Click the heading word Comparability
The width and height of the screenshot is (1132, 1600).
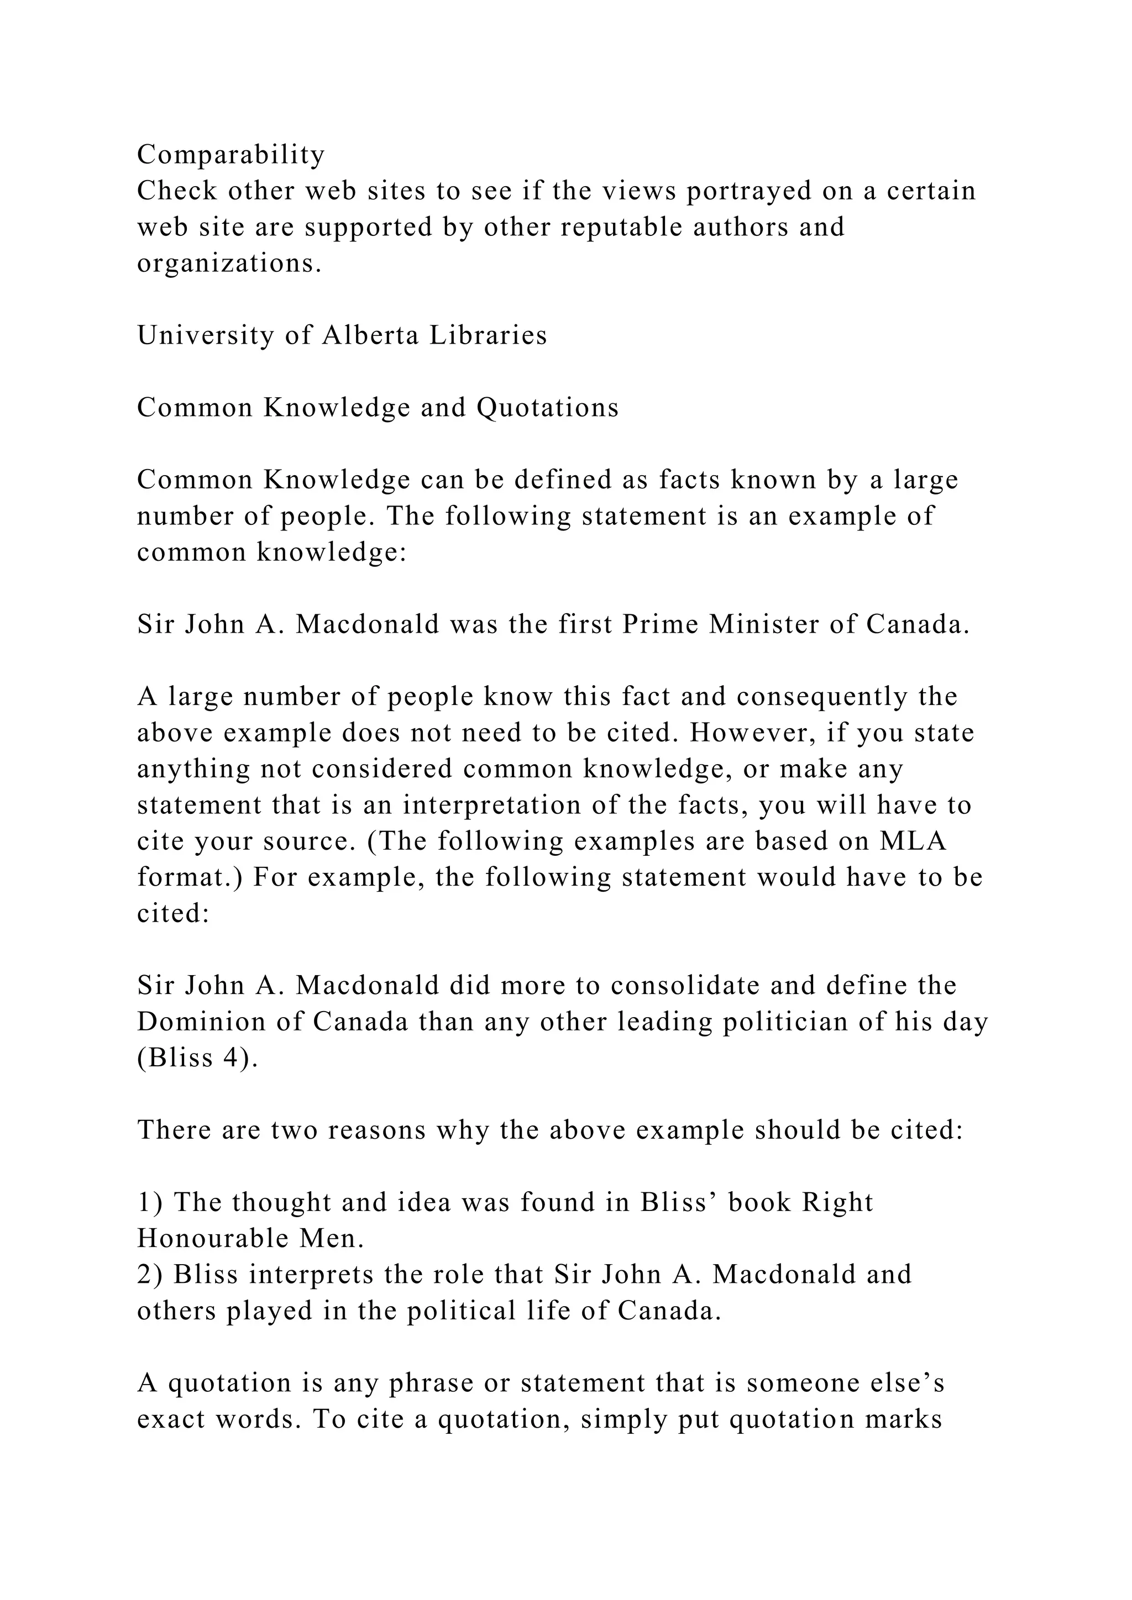230,155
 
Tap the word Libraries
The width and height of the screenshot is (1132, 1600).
488,335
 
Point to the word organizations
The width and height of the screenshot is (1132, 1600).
229,264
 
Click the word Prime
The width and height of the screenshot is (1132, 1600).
660,624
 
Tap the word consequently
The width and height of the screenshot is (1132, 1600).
822,696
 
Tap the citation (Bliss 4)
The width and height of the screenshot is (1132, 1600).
197,1058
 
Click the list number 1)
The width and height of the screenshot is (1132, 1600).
150,1202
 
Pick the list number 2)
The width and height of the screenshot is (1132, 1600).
150,1275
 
